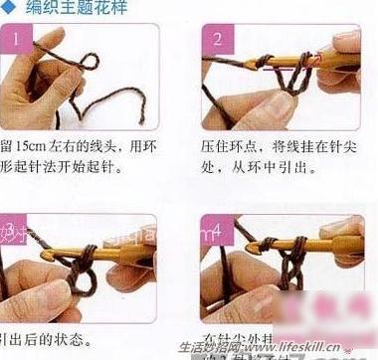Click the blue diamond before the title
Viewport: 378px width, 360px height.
point(9,9)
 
